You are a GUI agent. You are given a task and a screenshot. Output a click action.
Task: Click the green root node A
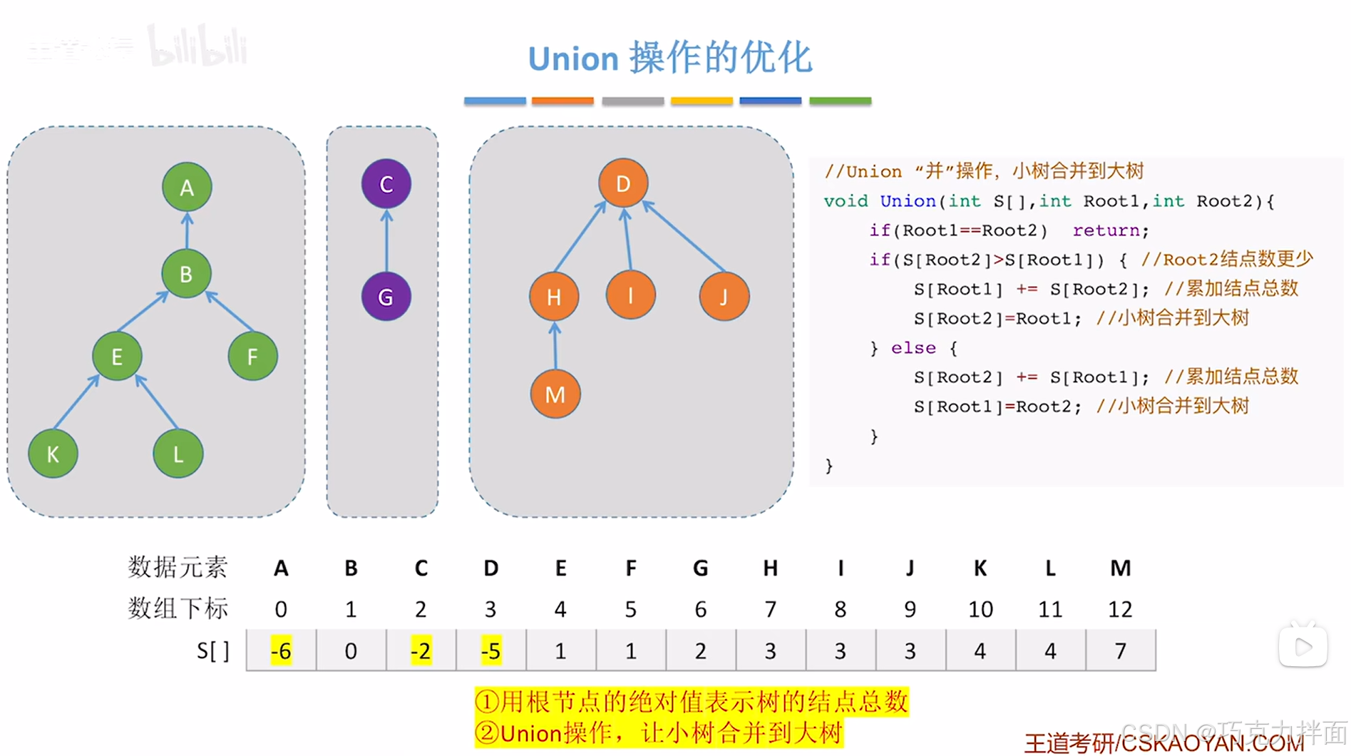[x=187, y=188]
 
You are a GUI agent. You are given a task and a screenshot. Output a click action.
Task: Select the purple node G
[x=386, y=297]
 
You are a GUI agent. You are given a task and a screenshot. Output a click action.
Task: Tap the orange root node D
[x=623, y=184]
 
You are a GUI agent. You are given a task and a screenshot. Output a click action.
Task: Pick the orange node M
[x=555, y=394]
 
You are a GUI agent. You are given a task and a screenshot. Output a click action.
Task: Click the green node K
[x=53, y=454]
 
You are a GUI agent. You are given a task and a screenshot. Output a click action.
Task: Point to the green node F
[x=252, y=357]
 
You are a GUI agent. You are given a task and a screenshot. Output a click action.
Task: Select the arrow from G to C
[x=386, y=241]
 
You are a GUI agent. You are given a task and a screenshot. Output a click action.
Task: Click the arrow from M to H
[x=555, y=347]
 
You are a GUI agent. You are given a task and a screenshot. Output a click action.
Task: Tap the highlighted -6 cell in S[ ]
[x=281, y=650]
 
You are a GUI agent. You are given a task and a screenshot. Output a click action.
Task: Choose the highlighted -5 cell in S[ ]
[x=490, y=650]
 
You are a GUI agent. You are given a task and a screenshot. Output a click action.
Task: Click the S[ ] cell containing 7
[x=1120, y=650]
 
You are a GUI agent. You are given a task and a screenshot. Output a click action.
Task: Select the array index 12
[x=1119, y=609]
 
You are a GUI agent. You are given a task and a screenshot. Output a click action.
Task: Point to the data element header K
[x=980, y=568]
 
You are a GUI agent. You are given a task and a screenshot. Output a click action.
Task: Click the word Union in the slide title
[x=572, y=58]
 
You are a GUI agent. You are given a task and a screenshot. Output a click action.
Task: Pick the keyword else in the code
[x=913, y=348]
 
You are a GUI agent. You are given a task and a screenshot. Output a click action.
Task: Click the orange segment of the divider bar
[x=563, y=101]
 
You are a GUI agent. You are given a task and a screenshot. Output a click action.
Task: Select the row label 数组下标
[x=178, y=608]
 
